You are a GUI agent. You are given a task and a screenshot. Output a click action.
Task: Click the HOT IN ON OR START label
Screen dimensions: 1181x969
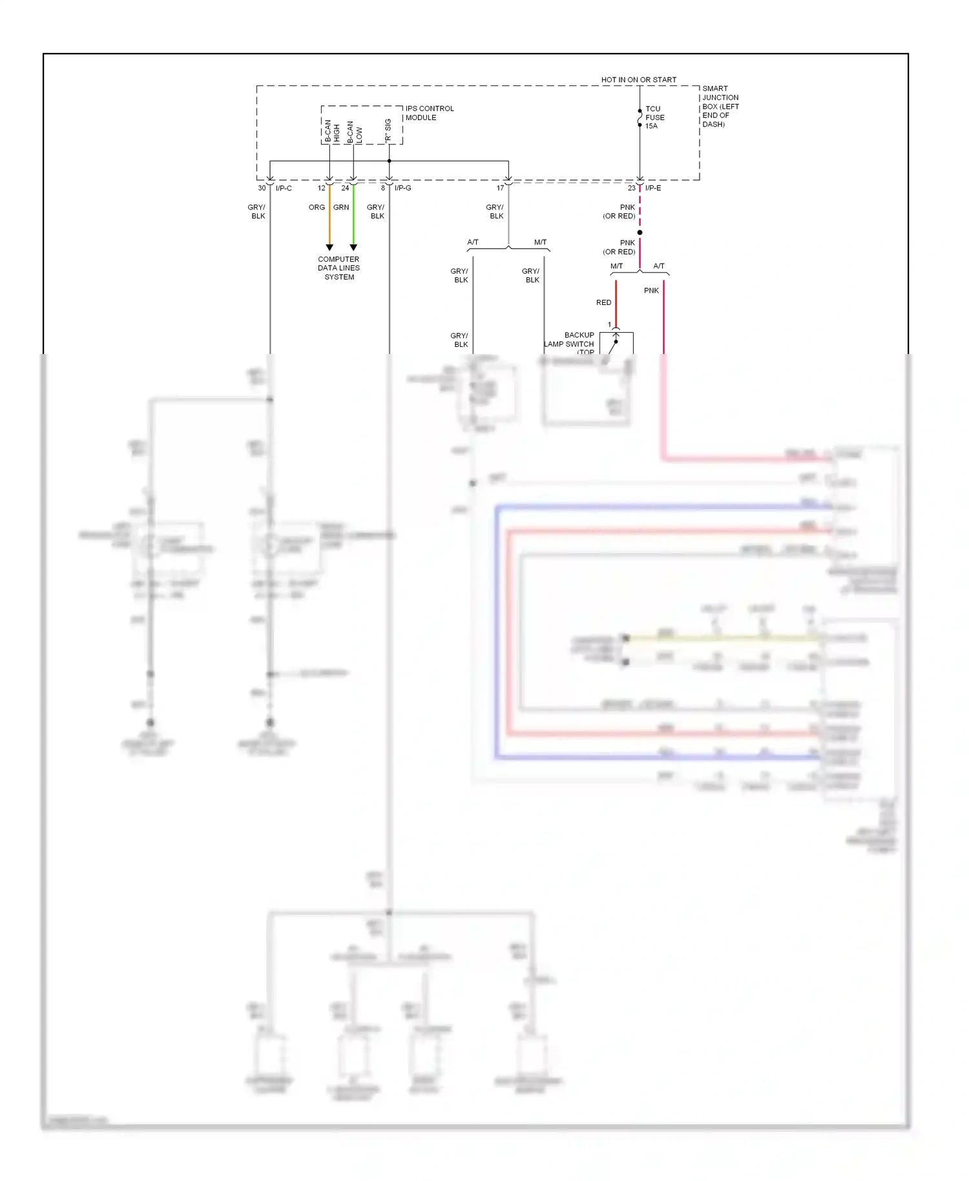point(638,80)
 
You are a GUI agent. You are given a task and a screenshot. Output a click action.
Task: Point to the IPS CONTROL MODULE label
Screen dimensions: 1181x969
point(429,113)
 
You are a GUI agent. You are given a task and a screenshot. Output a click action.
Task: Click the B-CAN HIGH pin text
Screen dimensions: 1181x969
point(331,131)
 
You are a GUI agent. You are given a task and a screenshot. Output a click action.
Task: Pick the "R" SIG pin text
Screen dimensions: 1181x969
point(388,131)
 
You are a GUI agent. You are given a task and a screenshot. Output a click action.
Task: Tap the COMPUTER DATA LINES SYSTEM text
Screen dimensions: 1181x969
point(339,268)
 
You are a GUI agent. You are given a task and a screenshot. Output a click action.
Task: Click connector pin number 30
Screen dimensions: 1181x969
point(262,188)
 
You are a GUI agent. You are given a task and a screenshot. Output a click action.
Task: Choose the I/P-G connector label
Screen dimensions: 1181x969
point(402,188)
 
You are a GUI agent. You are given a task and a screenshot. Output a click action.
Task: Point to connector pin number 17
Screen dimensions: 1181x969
point(500,188)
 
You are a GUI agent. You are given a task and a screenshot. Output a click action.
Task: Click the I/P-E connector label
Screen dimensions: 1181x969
point(652,188)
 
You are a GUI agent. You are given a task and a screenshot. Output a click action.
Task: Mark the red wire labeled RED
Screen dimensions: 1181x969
point(616,304)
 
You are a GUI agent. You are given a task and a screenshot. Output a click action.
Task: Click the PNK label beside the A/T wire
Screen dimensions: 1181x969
point(651,291)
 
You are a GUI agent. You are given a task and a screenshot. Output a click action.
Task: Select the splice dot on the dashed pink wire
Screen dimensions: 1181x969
point(640,233)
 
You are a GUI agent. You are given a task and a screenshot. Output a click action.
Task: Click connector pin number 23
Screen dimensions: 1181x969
point(631,188)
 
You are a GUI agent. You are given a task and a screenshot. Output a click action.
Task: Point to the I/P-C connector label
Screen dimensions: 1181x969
point(284,188)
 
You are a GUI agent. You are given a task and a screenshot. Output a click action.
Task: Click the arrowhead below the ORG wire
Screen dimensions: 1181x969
point(329,247)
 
